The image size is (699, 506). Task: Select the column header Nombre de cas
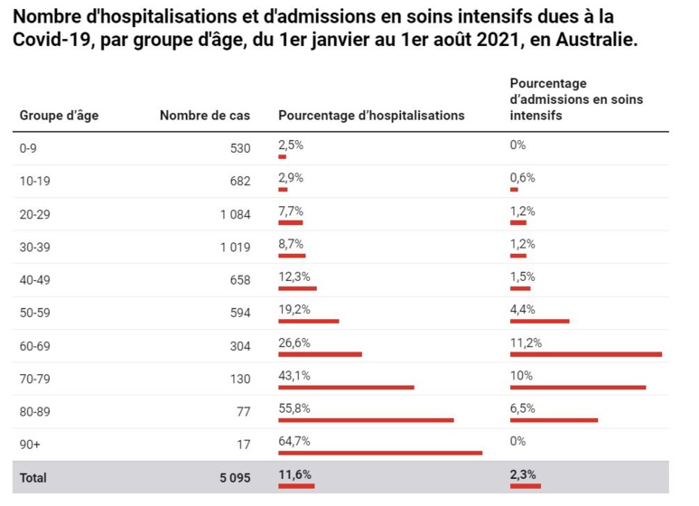pos(205,116)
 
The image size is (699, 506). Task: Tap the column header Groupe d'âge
pos(60,116)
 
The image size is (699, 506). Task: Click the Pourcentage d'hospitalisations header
pos(371,116)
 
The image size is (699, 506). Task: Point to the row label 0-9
pos(29,147)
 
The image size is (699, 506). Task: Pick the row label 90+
pos(31,444)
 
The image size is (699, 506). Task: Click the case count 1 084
pos(235,213)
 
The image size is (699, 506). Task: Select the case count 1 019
pos(235,247)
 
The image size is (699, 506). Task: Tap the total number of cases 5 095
pos(234,477)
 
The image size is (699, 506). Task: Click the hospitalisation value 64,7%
pos(294,441)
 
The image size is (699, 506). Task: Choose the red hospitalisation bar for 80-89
pos(366,420)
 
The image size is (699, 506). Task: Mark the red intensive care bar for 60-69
pos(585,354)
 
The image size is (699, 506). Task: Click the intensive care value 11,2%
pos(526,342)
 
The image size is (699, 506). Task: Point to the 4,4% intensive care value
pos(523,309)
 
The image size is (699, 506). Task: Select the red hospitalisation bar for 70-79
pos(346,387)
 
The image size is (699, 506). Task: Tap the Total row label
pos(33,477)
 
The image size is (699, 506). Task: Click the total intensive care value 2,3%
pos(523,473)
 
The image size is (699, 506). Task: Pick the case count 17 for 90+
pos(243,444)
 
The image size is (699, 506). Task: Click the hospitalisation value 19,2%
pos(294,309)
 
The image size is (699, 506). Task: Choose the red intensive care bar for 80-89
pos(554,420)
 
